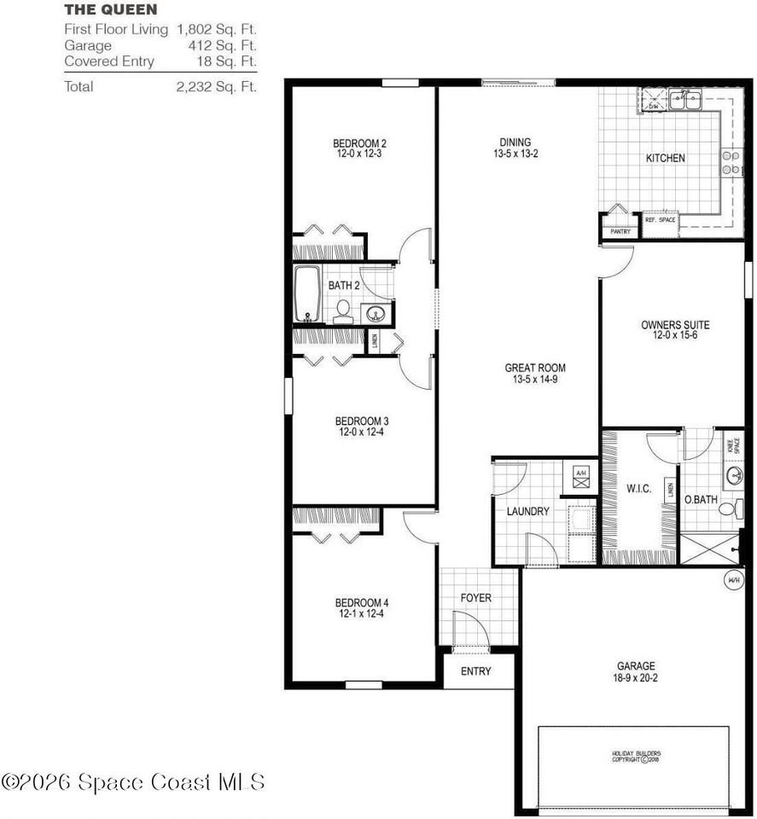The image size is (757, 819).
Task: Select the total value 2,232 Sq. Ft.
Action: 216,86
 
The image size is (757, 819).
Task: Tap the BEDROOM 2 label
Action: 359,143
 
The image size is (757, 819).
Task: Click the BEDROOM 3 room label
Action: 362,421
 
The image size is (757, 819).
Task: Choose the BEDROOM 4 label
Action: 362,603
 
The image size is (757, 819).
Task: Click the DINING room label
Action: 515,142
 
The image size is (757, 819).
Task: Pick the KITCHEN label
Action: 665,158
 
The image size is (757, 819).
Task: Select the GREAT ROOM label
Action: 534,369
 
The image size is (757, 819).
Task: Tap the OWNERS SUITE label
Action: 675,325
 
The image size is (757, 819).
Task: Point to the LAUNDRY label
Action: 527,512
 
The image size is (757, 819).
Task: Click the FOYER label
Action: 475,598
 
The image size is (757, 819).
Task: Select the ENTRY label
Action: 475,671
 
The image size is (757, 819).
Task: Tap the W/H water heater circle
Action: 733,580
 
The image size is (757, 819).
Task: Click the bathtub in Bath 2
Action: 307,294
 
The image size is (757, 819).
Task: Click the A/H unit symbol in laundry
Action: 580,478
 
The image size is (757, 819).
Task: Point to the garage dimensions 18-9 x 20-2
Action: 636,679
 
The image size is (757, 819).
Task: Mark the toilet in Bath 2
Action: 343,311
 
